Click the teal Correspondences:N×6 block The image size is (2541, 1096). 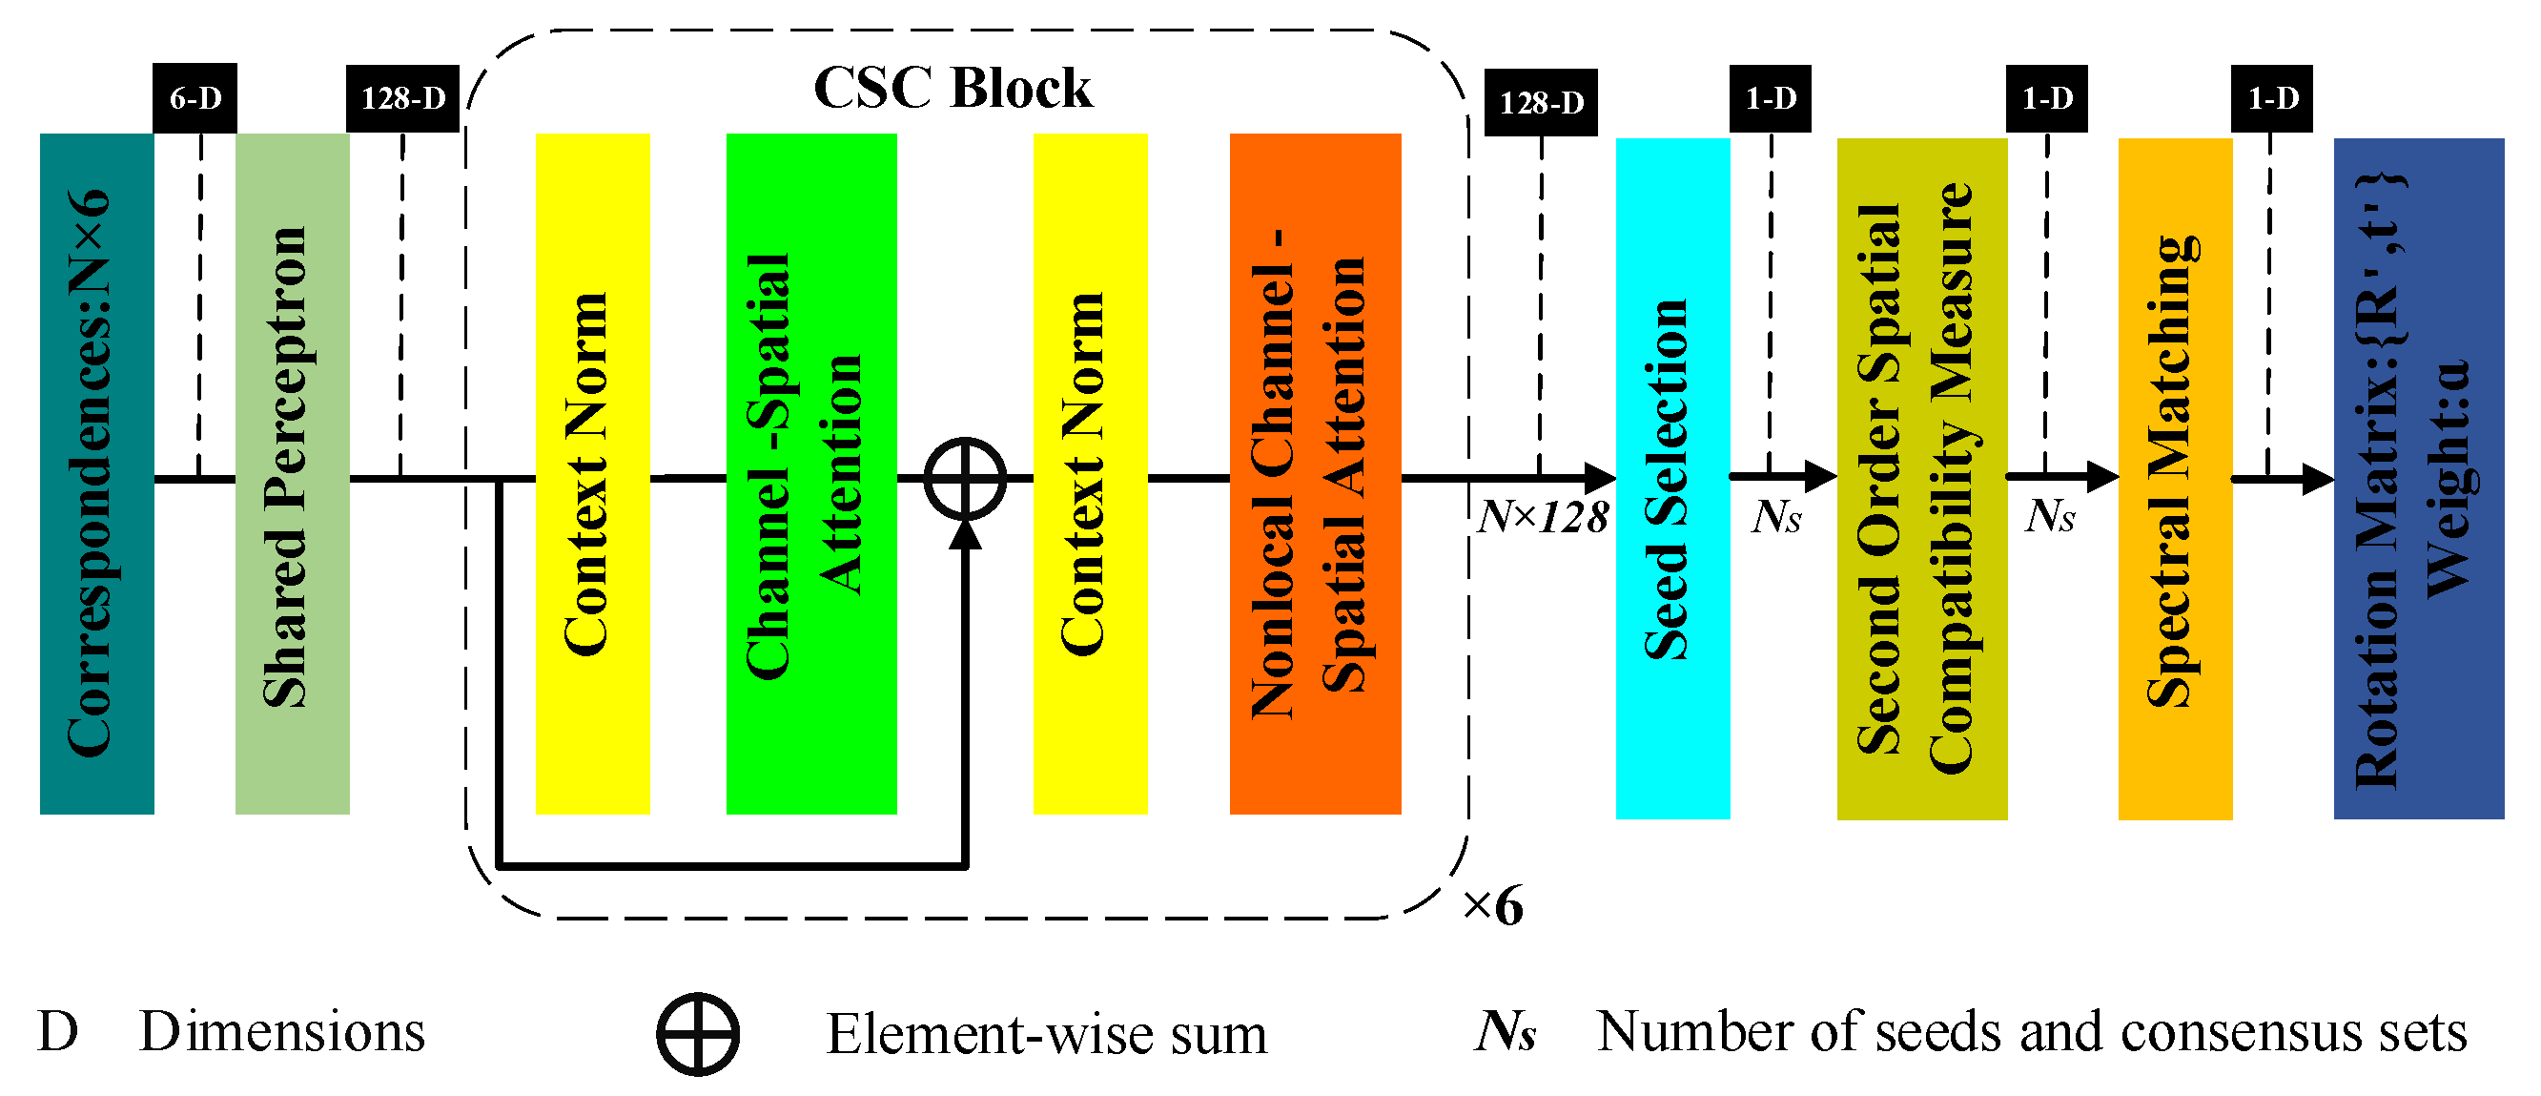click(x=96, y=473)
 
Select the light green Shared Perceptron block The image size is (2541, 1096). click(x=292, y=473)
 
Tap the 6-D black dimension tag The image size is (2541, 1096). click(x=195, y=97)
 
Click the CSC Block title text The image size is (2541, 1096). click(x=952, y=89)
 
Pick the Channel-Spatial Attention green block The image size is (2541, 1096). click(x=810, y=473)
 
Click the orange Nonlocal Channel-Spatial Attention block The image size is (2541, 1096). click(x=1315, y=473)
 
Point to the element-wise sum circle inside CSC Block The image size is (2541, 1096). click(x=965, y=479)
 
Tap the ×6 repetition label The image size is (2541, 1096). click(x=1492, y=905)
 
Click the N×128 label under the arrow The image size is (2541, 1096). click(x=1543, y=517)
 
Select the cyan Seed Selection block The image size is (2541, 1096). click(x=1672, y=479)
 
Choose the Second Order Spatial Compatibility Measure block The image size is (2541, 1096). click(x=1921, y=479)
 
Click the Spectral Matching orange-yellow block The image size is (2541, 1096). click(x=2174, y=479)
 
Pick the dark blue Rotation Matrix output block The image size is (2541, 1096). click(x=2418, y=479)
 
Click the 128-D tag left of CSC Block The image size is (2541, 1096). click(x=402, y=97)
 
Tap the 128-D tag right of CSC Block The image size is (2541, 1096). click(x=1541, y=103)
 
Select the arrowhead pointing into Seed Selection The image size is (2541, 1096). click(x=1600, y=479)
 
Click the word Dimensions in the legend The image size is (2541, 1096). click(x=282, y=1032)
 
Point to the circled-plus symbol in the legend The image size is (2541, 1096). click(x=697, y=1034)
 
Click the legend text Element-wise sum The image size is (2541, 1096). click(x=1046, y=1034)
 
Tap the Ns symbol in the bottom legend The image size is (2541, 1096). click(x=1506, y=1032)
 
